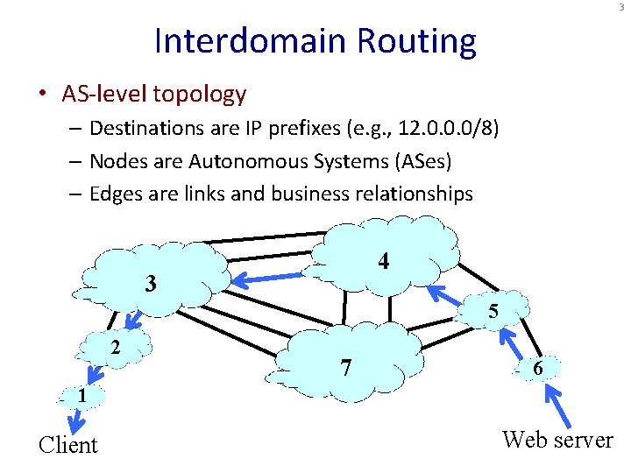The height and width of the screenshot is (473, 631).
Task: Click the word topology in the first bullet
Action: tap(202, 93)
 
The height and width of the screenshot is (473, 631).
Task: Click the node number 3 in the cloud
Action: tap(151, 284)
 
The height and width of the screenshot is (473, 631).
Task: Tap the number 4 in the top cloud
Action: tap(384, 261)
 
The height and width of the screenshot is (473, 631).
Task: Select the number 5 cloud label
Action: tap(494, 311)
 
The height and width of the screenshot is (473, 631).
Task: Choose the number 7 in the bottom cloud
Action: tap(347, 368)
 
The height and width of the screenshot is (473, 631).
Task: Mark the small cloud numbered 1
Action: tap(81, 396)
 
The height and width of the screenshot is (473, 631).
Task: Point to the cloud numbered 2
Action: tap(115, 347)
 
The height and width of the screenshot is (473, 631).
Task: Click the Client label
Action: tap(68, 445)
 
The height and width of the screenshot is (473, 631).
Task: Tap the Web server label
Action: tap(557, 440)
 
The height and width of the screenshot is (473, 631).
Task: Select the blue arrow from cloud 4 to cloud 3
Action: tap(271, 278)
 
